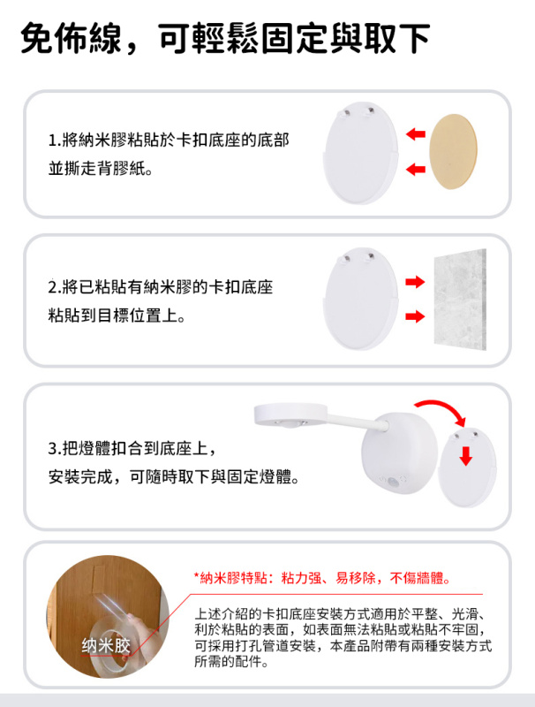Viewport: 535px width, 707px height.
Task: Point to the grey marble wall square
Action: click(460, 300)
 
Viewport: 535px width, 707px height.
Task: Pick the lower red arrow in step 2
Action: click(414, 315)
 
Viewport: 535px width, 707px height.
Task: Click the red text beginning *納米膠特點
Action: click(322, 579)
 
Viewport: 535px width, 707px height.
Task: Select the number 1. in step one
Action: click(55, 141)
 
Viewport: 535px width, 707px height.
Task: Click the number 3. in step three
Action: click(55, 449)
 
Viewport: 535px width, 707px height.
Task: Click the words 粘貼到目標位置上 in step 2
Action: click(116, 315)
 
